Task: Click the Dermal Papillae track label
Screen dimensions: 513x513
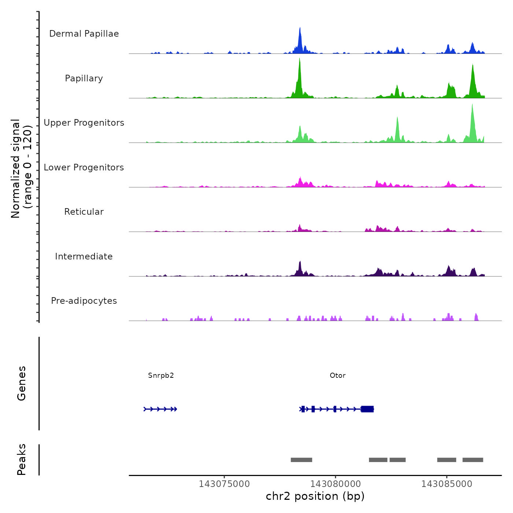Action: (x=84, y=34)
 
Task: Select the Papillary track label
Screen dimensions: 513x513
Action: (x=84, y=78)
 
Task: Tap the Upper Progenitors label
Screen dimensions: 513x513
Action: (x=84, y=123)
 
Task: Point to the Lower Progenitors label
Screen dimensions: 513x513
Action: (x=84, y=167)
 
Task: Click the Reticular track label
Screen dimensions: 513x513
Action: (x=84, y=212)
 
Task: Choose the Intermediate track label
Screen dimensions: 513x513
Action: (x=84, y=256)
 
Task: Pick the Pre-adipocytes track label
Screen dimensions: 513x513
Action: (x=84, y=301)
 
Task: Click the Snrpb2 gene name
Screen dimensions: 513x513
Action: (x=161, y=375)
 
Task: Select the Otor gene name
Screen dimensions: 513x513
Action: (x=337, y=375)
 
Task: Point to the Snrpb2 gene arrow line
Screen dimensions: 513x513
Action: (x=160, y=409)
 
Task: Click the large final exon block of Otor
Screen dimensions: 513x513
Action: (x=367, y=409)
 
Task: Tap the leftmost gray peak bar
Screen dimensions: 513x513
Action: (x=301, y=460)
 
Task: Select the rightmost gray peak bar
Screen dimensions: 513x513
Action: (x=473, y=460)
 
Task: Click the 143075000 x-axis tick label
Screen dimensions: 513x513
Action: (x=224, y=484)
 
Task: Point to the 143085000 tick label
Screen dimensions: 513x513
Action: (x=447, y=484)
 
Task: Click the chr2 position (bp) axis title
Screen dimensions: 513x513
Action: (x=315, y=496)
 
